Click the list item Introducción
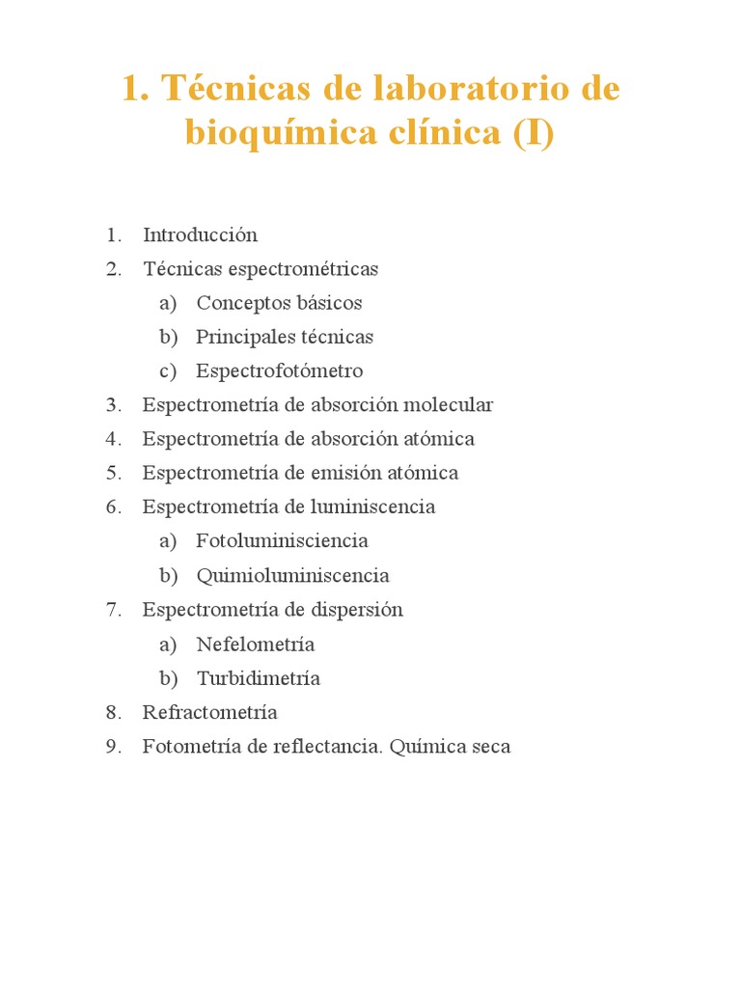coord(200,234)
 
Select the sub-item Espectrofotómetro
coord(279,371)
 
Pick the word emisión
coord(346,473)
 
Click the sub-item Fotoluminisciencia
coord(282,541)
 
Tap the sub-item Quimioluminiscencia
coord(292,576)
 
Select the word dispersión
coord(357,610)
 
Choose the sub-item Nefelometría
coord(255,645)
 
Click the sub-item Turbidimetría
coord(258,678)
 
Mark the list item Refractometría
coord(209,712)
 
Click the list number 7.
coord(113,610)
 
